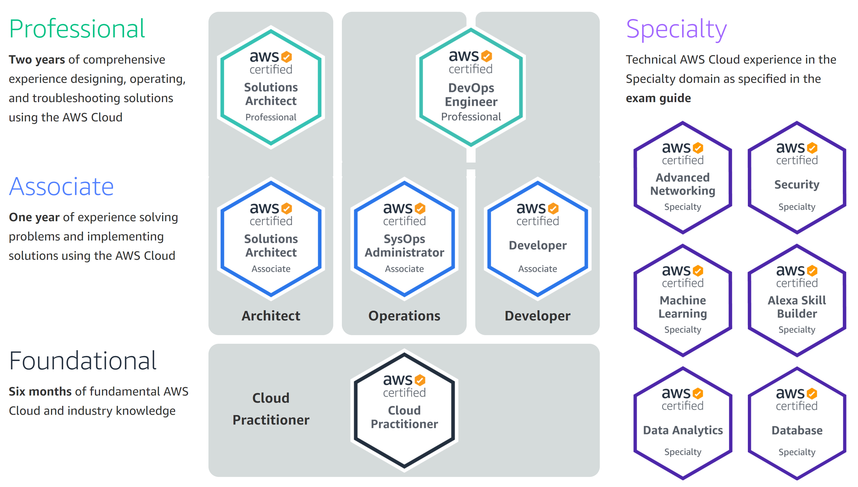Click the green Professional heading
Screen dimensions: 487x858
(77, 29)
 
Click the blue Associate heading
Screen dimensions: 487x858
(61, 187)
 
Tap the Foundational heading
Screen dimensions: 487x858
(83, 361)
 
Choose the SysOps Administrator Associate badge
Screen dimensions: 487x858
(404, 239)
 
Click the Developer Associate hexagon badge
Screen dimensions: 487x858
(537, 239)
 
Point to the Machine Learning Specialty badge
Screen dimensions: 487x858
(683, 301)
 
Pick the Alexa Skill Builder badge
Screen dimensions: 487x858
(797, 301)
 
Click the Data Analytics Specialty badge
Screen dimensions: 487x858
(683, 423)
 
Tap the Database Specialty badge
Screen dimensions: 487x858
(797, 423)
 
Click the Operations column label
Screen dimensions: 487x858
(404, 316)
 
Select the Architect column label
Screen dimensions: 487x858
(271, 316)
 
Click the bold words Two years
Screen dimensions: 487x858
(37, 60)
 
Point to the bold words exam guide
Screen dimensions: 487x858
(658, 98)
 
